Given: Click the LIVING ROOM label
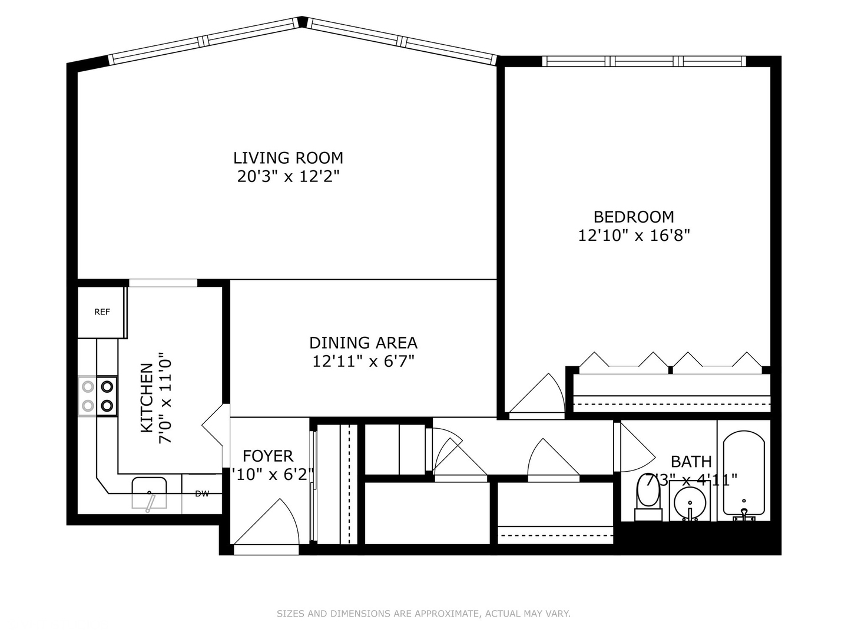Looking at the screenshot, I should coord(288,158).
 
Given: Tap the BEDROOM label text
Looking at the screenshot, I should coord(634,217).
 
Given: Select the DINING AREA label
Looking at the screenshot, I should coord(363,343).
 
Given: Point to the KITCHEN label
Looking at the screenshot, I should coord(147,397).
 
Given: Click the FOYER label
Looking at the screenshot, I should coord(268,456).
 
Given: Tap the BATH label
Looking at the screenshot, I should coord(691,461).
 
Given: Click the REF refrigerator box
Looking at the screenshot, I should coord(102,312).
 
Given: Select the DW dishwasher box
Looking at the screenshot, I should coord(202,494).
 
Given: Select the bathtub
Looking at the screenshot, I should coord(743,474).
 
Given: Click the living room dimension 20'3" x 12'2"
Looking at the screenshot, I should coord(288,176).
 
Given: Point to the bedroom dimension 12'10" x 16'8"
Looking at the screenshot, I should coord(634,236).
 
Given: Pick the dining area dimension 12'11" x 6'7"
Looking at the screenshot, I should coord(363,361).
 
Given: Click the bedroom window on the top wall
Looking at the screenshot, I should coord(644,61).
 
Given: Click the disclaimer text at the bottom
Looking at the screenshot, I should coord(423,614).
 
